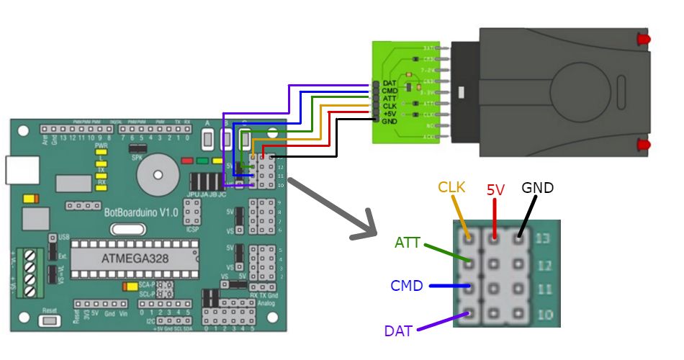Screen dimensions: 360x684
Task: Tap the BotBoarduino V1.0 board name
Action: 141,212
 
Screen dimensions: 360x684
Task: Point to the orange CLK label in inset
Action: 451,187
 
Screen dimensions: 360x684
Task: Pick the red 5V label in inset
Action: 495,190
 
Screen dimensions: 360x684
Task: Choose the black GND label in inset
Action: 538,188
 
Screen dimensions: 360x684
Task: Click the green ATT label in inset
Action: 408,243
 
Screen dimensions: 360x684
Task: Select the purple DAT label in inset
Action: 398,330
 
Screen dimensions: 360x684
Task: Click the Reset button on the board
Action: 50,317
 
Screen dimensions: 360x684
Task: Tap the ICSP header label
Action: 192,230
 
